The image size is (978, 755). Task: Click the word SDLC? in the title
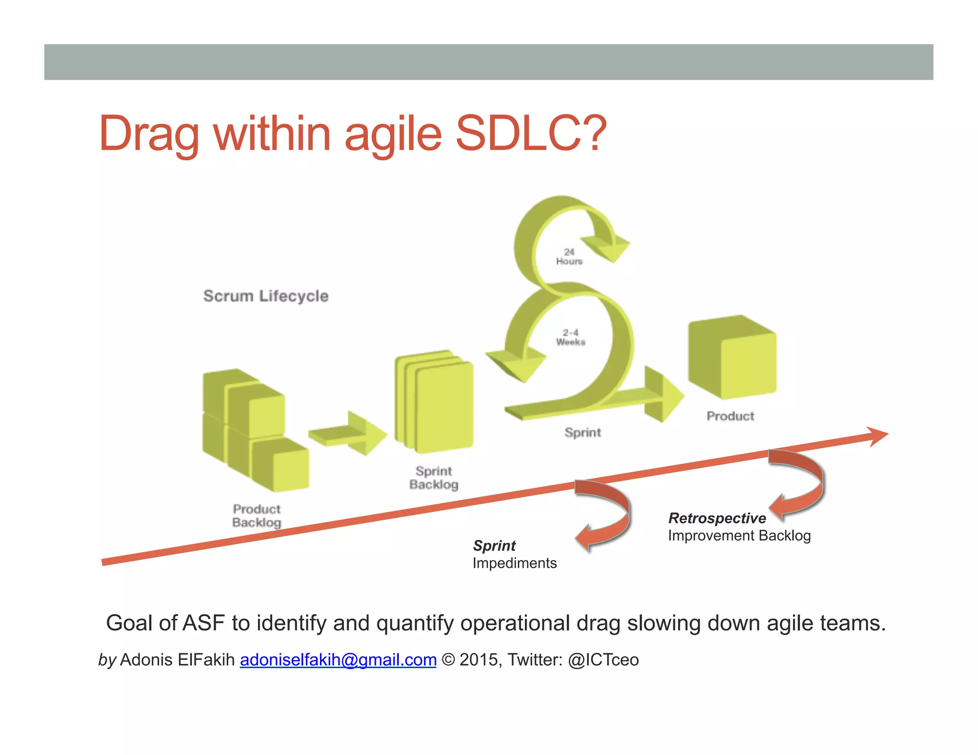coord(531,134)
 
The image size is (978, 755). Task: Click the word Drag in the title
coord(148,135)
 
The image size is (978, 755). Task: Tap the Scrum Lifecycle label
coord(266,296)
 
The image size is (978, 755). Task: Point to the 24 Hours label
coord(569,257)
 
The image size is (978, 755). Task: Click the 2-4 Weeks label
coord(570,337)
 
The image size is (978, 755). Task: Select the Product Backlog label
coord(256,515)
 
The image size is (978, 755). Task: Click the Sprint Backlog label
coord(434,478)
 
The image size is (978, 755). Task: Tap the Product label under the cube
coord(730,416)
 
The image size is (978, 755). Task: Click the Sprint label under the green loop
coord(583,432)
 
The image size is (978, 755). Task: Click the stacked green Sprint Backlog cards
coord(435,403)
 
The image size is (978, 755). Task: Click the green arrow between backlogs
coord(348,433)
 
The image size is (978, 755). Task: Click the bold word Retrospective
coord(717,518)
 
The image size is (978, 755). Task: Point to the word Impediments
coord(514,563)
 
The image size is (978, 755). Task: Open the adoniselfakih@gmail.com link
coord(338,660)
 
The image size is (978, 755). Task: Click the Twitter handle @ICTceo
coord(603,660)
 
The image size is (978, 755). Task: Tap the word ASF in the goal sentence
coord(204,623)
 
